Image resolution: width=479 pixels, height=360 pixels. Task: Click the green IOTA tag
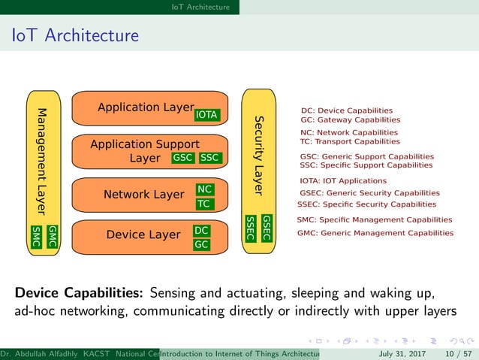click(206, 115)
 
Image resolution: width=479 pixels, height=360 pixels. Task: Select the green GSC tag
click(183, 158)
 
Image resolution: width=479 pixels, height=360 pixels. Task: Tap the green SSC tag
click(209, 158)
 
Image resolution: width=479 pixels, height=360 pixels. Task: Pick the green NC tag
click(204, 189)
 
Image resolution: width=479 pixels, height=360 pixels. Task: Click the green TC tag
click(204, 204)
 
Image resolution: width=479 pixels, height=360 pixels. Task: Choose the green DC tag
click(201, 231)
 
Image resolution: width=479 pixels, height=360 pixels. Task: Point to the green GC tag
click(201, 244)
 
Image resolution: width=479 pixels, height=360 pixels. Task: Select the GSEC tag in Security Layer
click(267, 228)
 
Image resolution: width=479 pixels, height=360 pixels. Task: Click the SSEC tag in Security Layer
click(251, 228)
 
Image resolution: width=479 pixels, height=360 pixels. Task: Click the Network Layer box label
click(143, 195)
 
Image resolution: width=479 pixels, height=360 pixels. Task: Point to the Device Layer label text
click(143, 235)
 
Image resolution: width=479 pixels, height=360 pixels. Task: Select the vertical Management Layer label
click(44, 158)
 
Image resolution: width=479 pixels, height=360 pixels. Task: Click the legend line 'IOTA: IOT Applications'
click(343, 181)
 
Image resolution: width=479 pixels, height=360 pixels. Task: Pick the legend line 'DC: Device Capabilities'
click(346, 110)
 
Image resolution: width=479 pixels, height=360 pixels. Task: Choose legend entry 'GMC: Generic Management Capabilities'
click(375, 233)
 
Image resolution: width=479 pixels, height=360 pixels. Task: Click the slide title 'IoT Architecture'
click(74, 35)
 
